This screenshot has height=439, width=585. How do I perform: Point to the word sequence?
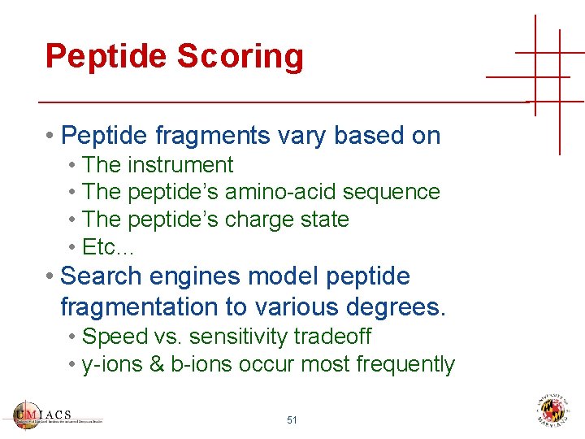point(392,192)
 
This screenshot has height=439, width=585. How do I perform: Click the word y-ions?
point(112,364)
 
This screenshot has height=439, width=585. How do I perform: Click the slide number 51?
point(292,420)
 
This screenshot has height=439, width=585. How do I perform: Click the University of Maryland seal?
point(552,411)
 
